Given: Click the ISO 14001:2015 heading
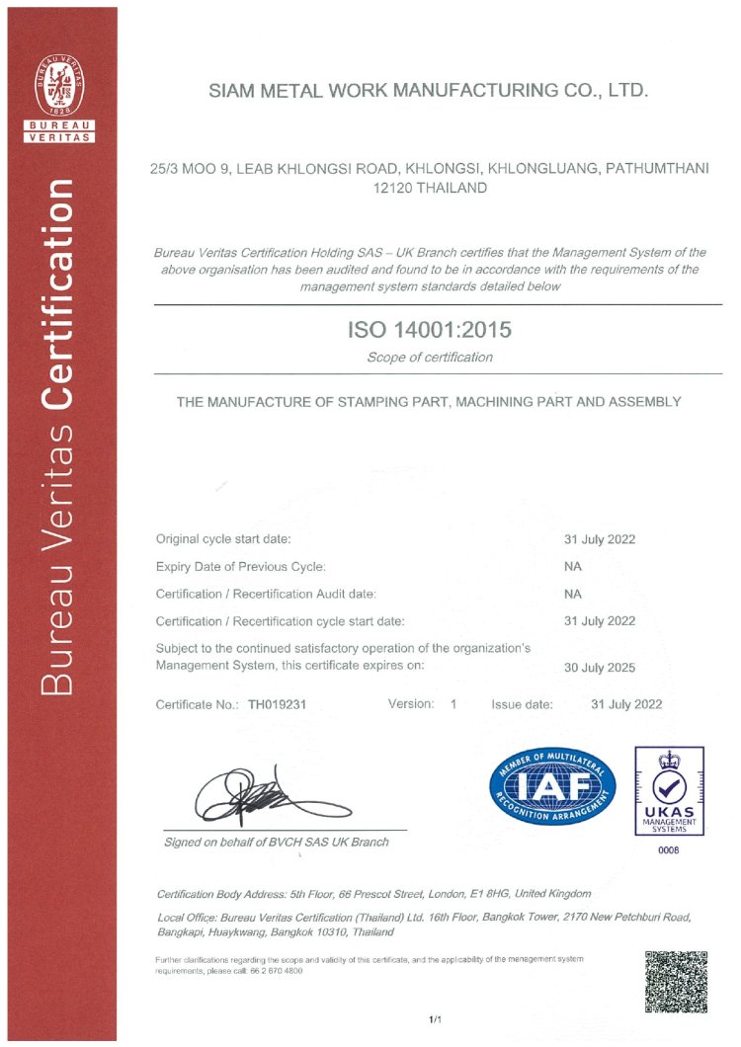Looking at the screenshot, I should [x=430, y=330].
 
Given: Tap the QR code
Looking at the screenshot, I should [x=676, y=982].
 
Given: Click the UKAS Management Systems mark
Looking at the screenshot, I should [x=669, y=791].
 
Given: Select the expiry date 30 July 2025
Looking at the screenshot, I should [x=600, y=668].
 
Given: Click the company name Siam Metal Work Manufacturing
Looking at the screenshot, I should [x=429, y=92].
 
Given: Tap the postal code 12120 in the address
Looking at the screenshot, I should [x=389, y=188].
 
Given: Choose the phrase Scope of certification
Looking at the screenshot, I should [x=429, y=358].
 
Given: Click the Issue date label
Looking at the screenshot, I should [x=522, y=705].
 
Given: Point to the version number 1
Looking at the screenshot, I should [x=453, y=704].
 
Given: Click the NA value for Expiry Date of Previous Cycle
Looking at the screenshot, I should [x=572, y=567].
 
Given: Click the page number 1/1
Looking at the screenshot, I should [x=435, y=1018].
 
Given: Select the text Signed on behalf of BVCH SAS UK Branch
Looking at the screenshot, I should [x=277, y=842].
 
